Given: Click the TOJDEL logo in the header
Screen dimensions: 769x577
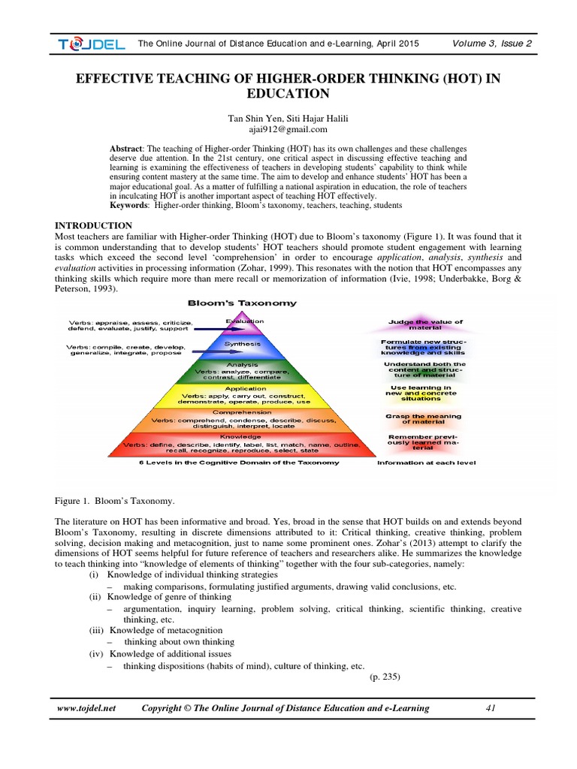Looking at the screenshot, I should click(x=91, y=44).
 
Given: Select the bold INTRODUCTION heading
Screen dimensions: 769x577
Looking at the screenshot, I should click(x=95, y=225).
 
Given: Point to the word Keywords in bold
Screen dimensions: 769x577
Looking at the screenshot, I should click(x=132, y=205).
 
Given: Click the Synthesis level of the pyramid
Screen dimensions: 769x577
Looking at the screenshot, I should click(x=243, y=344).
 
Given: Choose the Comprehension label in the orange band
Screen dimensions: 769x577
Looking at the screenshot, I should click(x=242, y=412).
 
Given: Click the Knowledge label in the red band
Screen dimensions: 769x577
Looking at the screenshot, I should click(x=241, y=436).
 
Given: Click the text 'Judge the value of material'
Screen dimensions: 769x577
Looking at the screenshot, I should click(x=424, y=324).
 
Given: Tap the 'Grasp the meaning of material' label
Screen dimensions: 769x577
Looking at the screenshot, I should click(x=424, y=418).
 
